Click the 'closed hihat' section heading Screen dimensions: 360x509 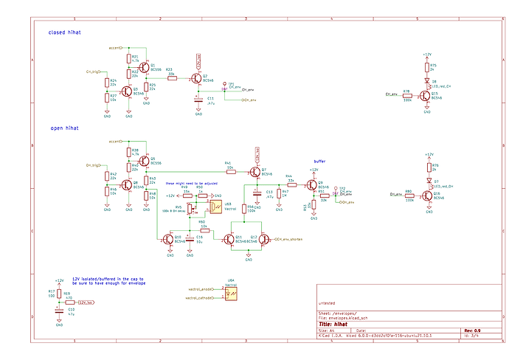point(65,32)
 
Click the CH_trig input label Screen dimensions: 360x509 point(93,72)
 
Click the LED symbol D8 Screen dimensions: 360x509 point(426,82)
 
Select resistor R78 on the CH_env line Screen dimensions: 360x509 point(406,94)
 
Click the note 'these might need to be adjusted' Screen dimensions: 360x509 point(191,183)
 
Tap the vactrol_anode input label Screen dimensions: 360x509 point(201,288)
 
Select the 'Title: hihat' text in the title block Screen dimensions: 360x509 point(333,323)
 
